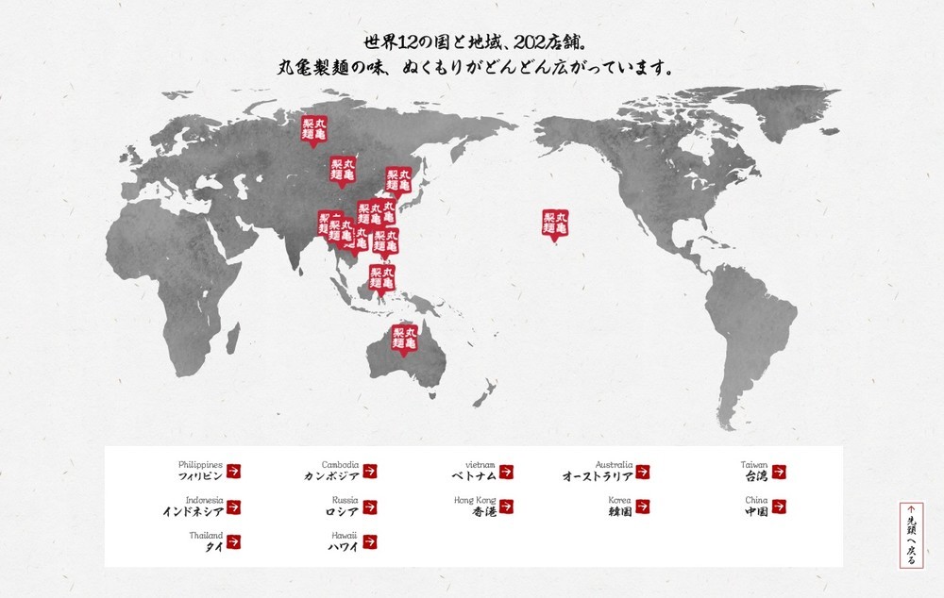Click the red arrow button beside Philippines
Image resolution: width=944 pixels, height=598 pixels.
234,472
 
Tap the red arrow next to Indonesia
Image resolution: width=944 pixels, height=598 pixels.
234,507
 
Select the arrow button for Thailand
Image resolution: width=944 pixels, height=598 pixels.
234,542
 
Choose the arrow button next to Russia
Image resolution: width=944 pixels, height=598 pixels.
370,507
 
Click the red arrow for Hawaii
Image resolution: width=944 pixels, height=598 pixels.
370,542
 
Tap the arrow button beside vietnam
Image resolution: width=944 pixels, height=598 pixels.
507,472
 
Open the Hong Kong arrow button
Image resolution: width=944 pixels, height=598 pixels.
507,507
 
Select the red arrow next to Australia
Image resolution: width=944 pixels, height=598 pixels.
643,472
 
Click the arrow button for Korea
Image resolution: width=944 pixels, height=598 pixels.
643,507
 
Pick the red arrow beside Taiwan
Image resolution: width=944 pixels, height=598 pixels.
779,472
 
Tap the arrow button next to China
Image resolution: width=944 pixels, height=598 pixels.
779,507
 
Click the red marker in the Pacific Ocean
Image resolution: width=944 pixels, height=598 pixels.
557,224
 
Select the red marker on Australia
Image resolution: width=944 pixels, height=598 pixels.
405,340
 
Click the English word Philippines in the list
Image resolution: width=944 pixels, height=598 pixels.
200,465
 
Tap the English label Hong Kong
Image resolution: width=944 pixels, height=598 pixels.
474,500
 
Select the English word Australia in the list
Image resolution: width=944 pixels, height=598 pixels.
614,465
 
